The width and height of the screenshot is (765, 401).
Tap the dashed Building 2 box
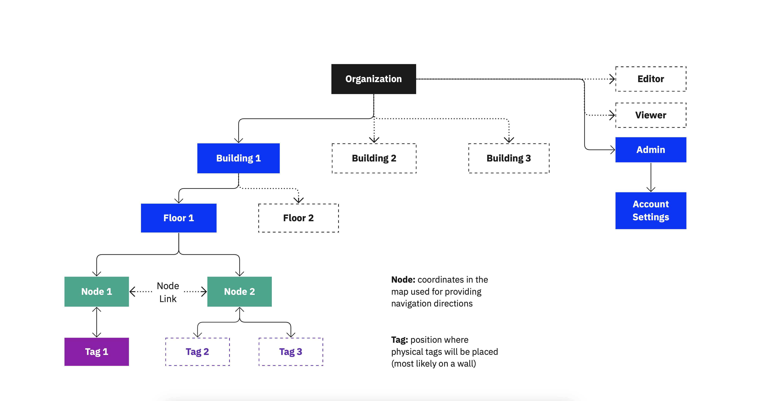tap(374, 158)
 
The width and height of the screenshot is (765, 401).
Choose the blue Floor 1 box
tap(178, 218)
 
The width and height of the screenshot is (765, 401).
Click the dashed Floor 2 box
tap(298, 218)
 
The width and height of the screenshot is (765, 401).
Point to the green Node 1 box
tap(96, 291)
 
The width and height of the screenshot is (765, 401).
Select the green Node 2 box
tap(239, 291)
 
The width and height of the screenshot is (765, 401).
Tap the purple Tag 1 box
tap(96, 352)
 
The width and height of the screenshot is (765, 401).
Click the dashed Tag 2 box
tap(198, 352)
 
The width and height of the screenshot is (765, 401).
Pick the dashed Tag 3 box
tap(291, 352)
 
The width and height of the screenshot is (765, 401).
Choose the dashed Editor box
tap(650, 79)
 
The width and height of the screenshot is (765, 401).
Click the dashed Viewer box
tap(650, 115)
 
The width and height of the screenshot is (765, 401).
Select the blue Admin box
tap(650, 149)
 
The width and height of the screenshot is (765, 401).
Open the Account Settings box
tap(650, 210)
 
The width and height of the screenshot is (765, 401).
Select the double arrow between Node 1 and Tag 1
tap(96, 322)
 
